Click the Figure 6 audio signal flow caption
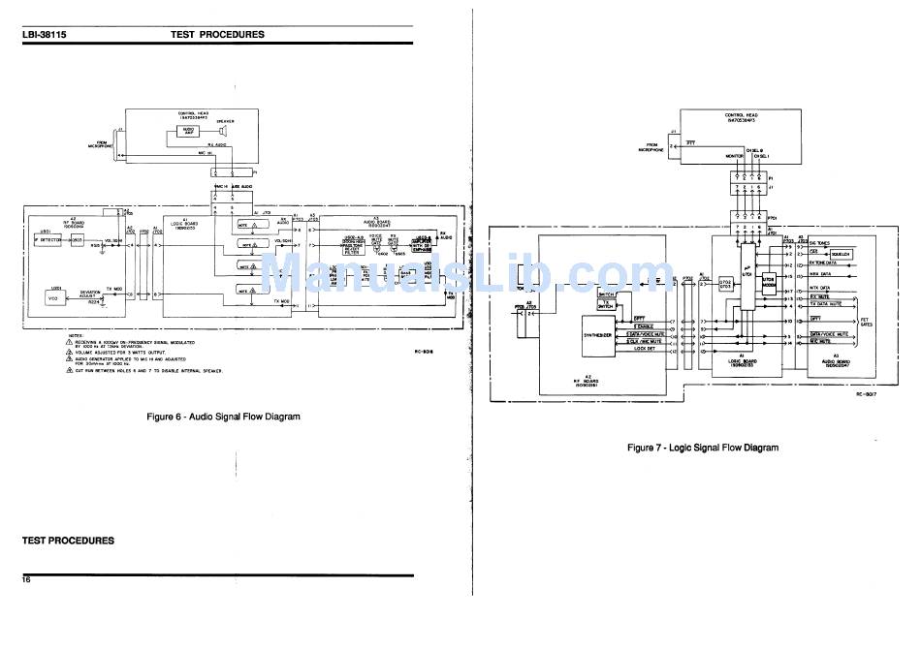[222, 417]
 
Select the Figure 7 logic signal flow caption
[702, 448]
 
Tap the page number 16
[27, 579]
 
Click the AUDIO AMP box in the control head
[188, 130]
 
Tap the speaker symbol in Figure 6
[223, 131]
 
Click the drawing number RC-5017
[866, 395]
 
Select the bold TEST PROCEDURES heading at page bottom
[68, 541]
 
